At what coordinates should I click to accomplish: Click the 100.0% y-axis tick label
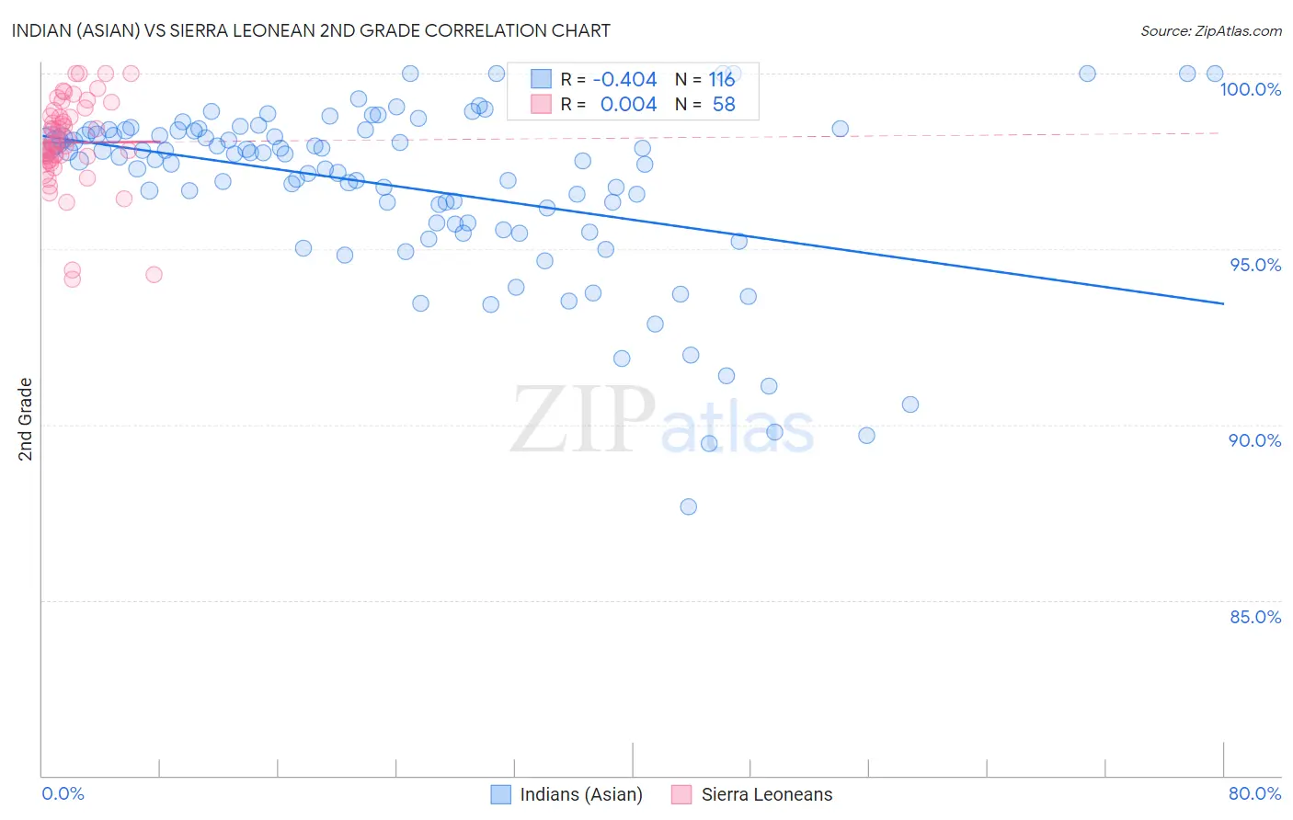pyautogui.click(x=1250, y=89)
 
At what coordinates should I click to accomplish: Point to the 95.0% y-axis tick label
pyautogui.click(x=1255, y=265)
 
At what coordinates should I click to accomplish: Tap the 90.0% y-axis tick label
pyautogui.click(x=1255, y=440)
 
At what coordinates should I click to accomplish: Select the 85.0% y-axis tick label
pyautogui.click(x=1255, y=617)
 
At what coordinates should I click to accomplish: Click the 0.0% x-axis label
pyautogui.click(x=63, y=793)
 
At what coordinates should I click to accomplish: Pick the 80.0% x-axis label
pyautogui.click(x=1254, y=793)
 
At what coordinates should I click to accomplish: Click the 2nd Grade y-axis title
pyautogui.click(x=26, y=419)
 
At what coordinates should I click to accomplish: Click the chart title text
pyautogui.click(x=311, y=30)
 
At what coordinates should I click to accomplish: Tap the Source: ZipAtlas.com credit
pyautogui.click(x=1210, y=31)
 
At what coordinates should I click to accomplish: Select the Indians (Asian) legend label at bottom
pyautogui.click(x=581, y=794)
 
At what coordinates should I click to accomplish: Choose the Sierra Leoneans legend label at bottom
pyautogui.click(x=767, y=794)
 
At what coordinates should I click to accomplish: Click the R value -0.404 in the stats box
pyautogui.click(x=624, y=80)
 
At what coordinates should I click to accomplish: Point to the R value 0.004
pyautogui.click(x=628, y=105)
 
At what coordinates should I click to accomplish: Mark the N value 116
pyautogui.click(x=722, y=80)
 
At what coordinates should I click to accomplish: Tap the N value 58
pyautogui.click(x=724, y=105)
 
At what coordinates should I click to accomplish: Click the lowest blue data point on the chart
pyautogui.click(x=688, y=507)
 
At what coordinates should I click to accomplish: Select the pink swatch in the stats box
pyautogui.click(x=541, y=104)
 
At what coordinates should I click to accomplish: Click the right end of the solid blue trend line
pyautogui.click(x=1223, y=303)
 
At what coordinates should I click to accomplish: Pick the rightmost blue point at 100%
pyautogui.click(x=1215, y=74)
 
